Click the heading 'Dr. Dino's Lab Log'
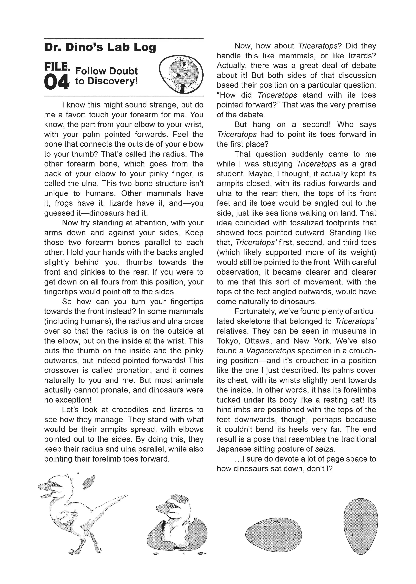point(100,47)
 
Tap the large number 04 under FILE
point(57,82)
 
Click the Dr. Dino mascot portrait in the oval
point(181,75)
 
